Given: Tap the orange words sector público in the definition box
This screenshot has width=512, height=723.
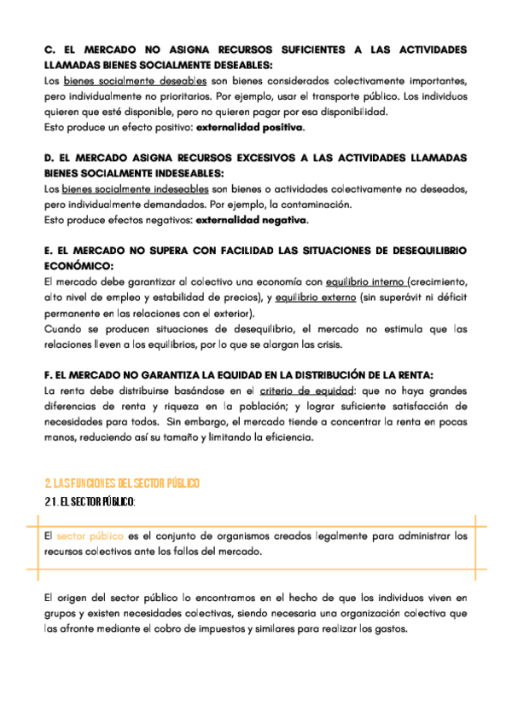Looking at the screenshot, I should click(90, 536).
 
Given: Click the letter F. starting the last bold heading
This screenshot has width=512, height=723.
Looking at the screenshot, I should click(48, 375).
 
